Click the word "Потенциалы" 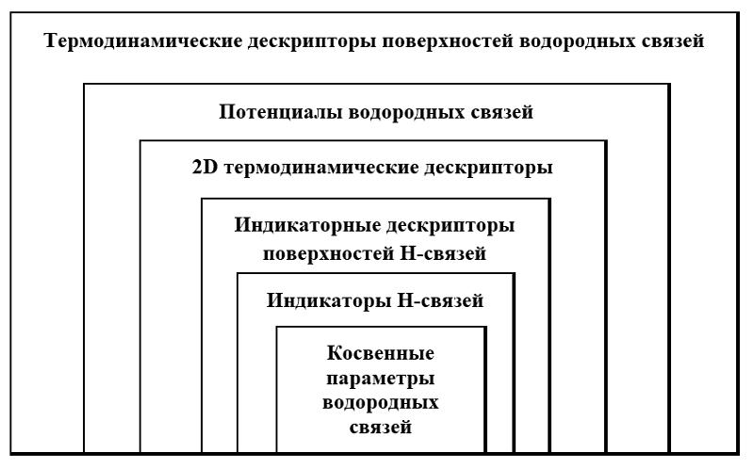point(280,112)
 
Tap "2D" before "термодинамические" point(205,168)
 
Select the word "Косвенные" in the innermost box point(381,353)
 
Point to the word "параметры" point(381,379)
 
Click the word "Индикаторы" point(329,300)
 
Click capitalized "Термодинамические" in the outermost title point(143,40)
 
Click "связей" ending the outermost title point(673,41)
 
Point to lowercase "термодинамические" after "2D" point(320,169)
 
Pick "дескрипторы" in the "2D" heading point(488,169)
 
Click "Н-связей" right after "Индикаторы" point(440,300)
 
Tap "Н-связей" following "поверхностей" point(442,253)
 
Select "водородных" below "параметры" point(381,403)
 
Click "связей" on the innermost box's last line point(381,428)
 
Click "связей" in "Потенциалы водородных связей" point(501,113)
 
